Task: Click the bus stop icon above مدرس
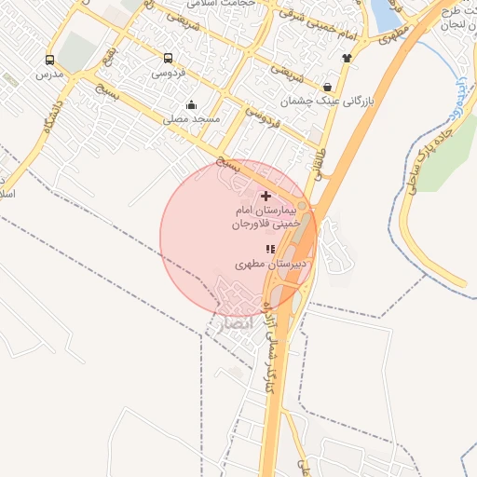click(49, 61)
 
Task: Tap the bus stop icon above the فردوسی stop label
click(168, 57)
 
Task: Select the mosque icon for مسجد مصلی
click(191, 105)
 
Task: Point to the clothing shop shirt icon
click(347, 58)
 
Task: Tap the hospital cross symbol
click(267, 196)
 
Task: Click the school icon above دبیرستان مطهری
click(270, 249)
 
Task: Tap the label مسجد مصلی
click(190, 119)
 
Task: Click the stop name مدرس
click(48, 75)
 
